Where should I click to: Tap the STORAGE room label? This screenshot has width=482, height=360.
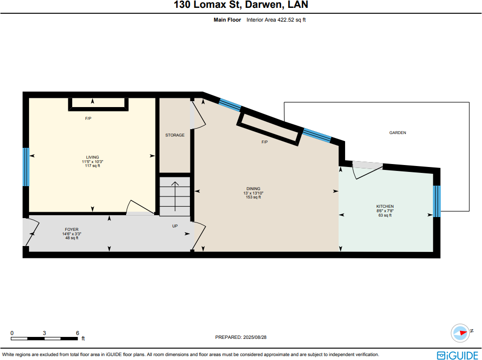click(175, 135)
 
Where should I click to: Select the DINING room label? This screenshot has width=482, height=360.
click(253, 189)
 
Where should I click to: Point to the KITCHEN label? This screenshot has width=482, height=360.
click(385, 206)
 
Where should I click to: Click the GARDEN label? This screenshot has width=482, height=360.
click(398, 133)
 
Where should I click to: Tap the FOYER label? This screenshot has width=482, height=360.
click(72, 229)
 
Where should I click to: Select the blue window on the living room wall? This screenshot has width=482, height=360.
click(26, 166)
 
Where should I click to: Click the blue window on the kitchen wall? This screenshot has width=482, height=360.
click(436, 201)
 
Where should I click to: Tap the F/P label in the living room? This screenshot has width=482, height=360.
click(88, 118)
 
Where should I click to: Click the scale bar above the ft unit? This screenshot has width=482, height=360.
click(44, 338)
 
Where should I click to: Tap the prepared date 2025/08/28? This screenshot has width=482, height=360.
click(241, 337)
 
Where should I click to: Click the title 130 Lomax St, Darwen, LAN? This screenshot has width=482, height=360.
click(241, 6)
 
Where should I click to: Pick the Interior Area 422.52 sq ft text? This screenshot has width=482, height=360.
click(276, 20)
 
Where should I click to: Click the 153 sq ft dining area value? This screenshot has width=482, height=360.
click(253, 197)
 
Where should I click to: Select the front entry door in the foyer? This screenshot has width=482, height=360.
click(30, 233)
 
